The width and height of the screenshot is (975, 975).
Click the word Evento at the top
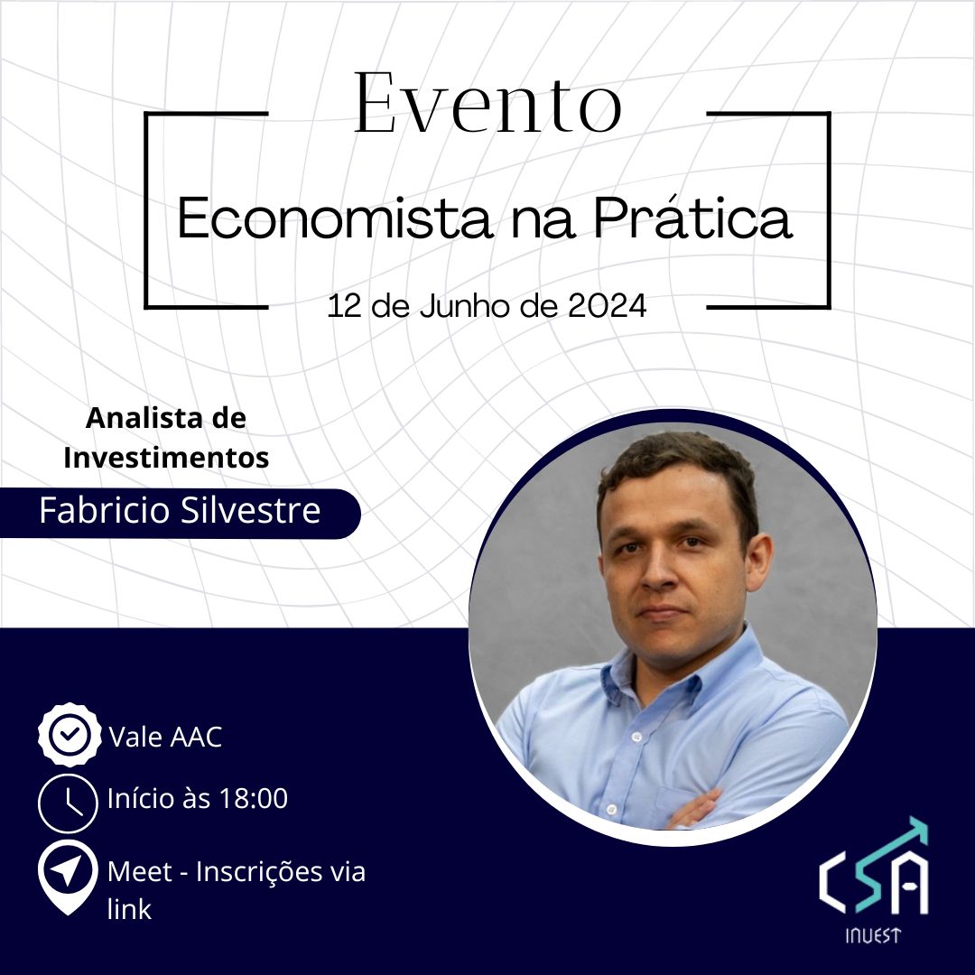coord(487,104)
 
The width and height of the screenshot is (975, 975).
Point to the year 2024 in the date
coord(608,306)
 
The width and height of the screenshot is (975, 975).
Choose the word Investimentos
coord(166,458)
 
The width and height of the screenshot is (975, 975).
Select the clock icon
coord(69,801)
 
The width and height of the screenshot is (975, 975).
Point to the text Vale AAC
coord(165,738)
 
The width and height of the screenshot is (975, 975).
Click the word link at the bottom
coord(129,908)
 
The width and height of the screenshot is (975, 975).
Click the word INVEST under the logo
coord(872,936)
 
